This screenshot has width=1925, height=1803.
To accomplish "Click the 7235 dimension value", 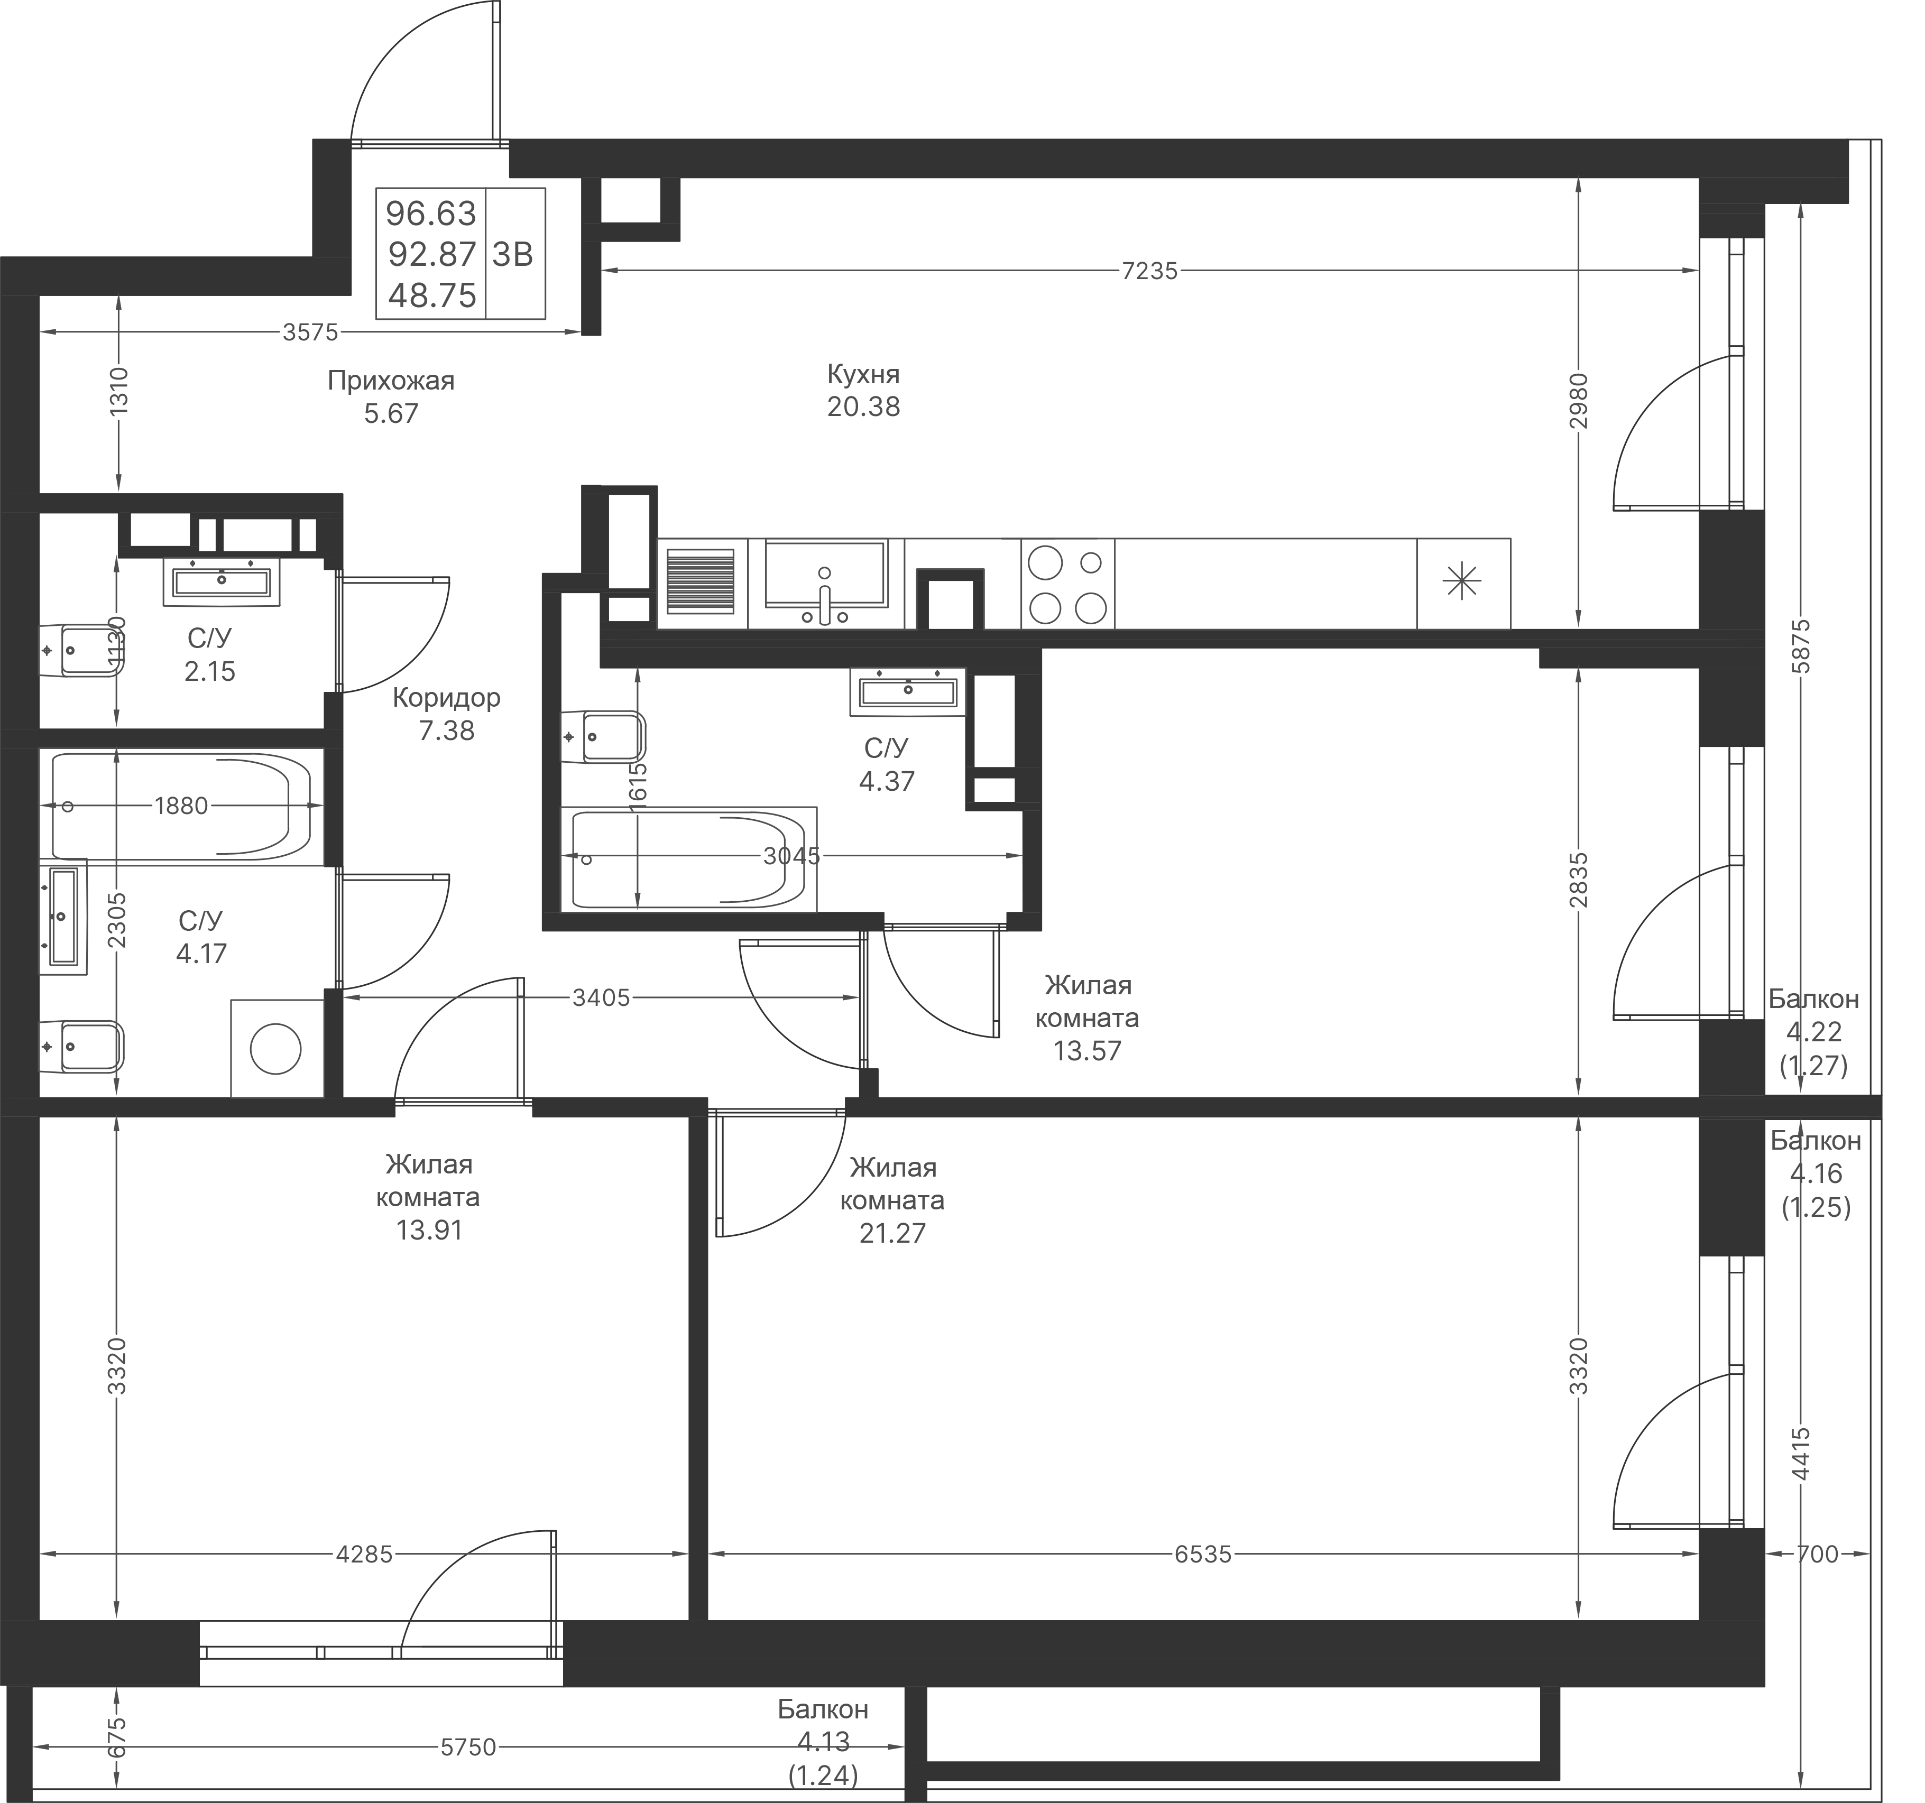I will pos(1149,271).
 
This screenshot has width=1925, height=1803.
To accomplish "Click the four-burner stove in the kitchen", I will pos(1067,585).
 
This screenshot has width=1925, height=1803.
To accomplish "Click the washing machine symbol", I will pos(276,1049).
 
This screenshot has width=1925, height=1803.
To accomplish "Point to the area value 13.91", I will pos(429,1231).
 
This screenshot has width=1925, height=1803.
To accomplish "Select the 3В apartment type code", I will pos(513,255).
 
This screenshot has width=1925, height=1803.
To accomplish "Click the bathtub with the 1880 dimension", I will pos(180,806).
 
